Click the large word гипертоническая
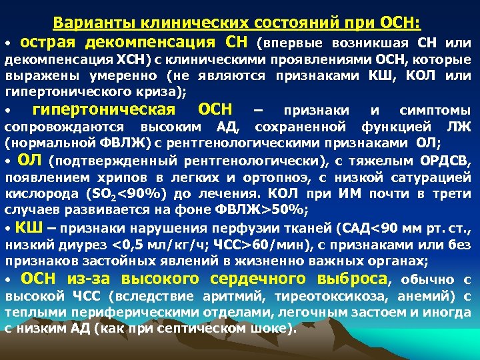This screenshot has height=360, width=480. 104,109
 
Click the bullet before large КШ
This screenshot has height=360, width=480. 9,227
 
